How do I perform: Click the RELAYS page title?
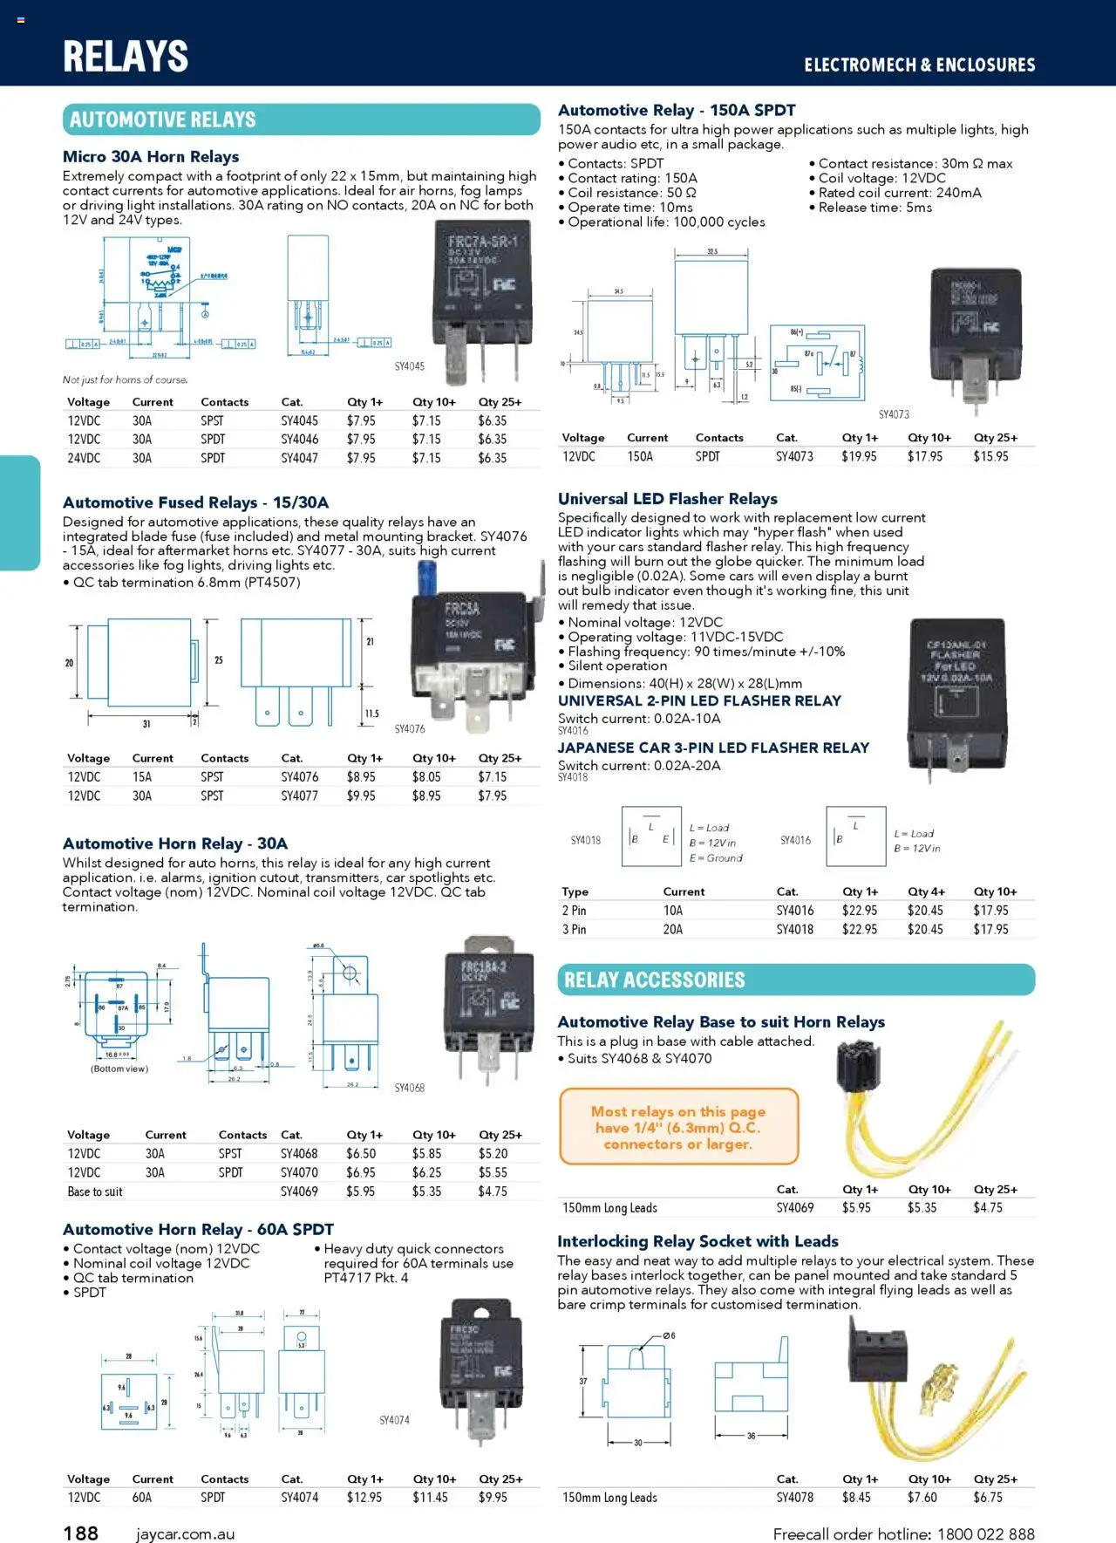point(126,57)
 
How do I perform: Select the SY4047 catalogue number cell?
point(299,458)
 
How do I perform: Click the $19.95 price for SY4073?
point(859,456)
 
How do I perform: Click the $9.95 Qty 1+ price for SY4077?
point(361,795)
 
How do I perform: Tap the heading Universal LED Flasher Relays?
point(667,499)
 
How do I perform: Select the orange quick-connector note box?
point(678,1127)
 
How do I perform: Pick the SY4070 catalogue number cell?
point(299,1172)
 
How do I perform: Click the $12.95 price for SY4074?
point(364,1497)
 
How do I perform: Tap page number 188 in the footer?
point(81,1533)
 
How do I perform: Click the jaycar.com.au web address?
point(185,1533)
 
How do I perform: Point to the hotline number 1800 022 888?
point(985,1533)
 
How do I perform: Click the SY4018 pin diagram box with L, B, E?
point(650,836)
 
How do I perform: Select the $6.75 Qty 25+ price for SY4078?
point(988,1497)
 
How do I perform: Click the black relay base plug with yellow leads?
point(863,1068)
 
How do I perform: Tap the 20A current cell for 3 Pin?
point(672,929)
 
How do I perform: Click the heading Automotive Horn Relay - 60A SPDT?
point(198,1229)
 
